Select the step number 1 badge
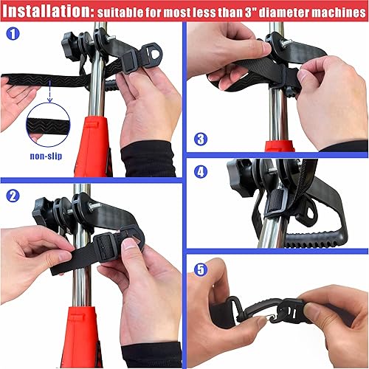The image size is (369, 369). point(13,34)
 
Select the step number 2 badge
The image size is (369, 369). point(13,196)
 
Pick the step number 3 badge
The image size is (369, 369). point(201,138)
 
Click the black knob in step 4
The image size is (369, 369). point(240,176)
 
